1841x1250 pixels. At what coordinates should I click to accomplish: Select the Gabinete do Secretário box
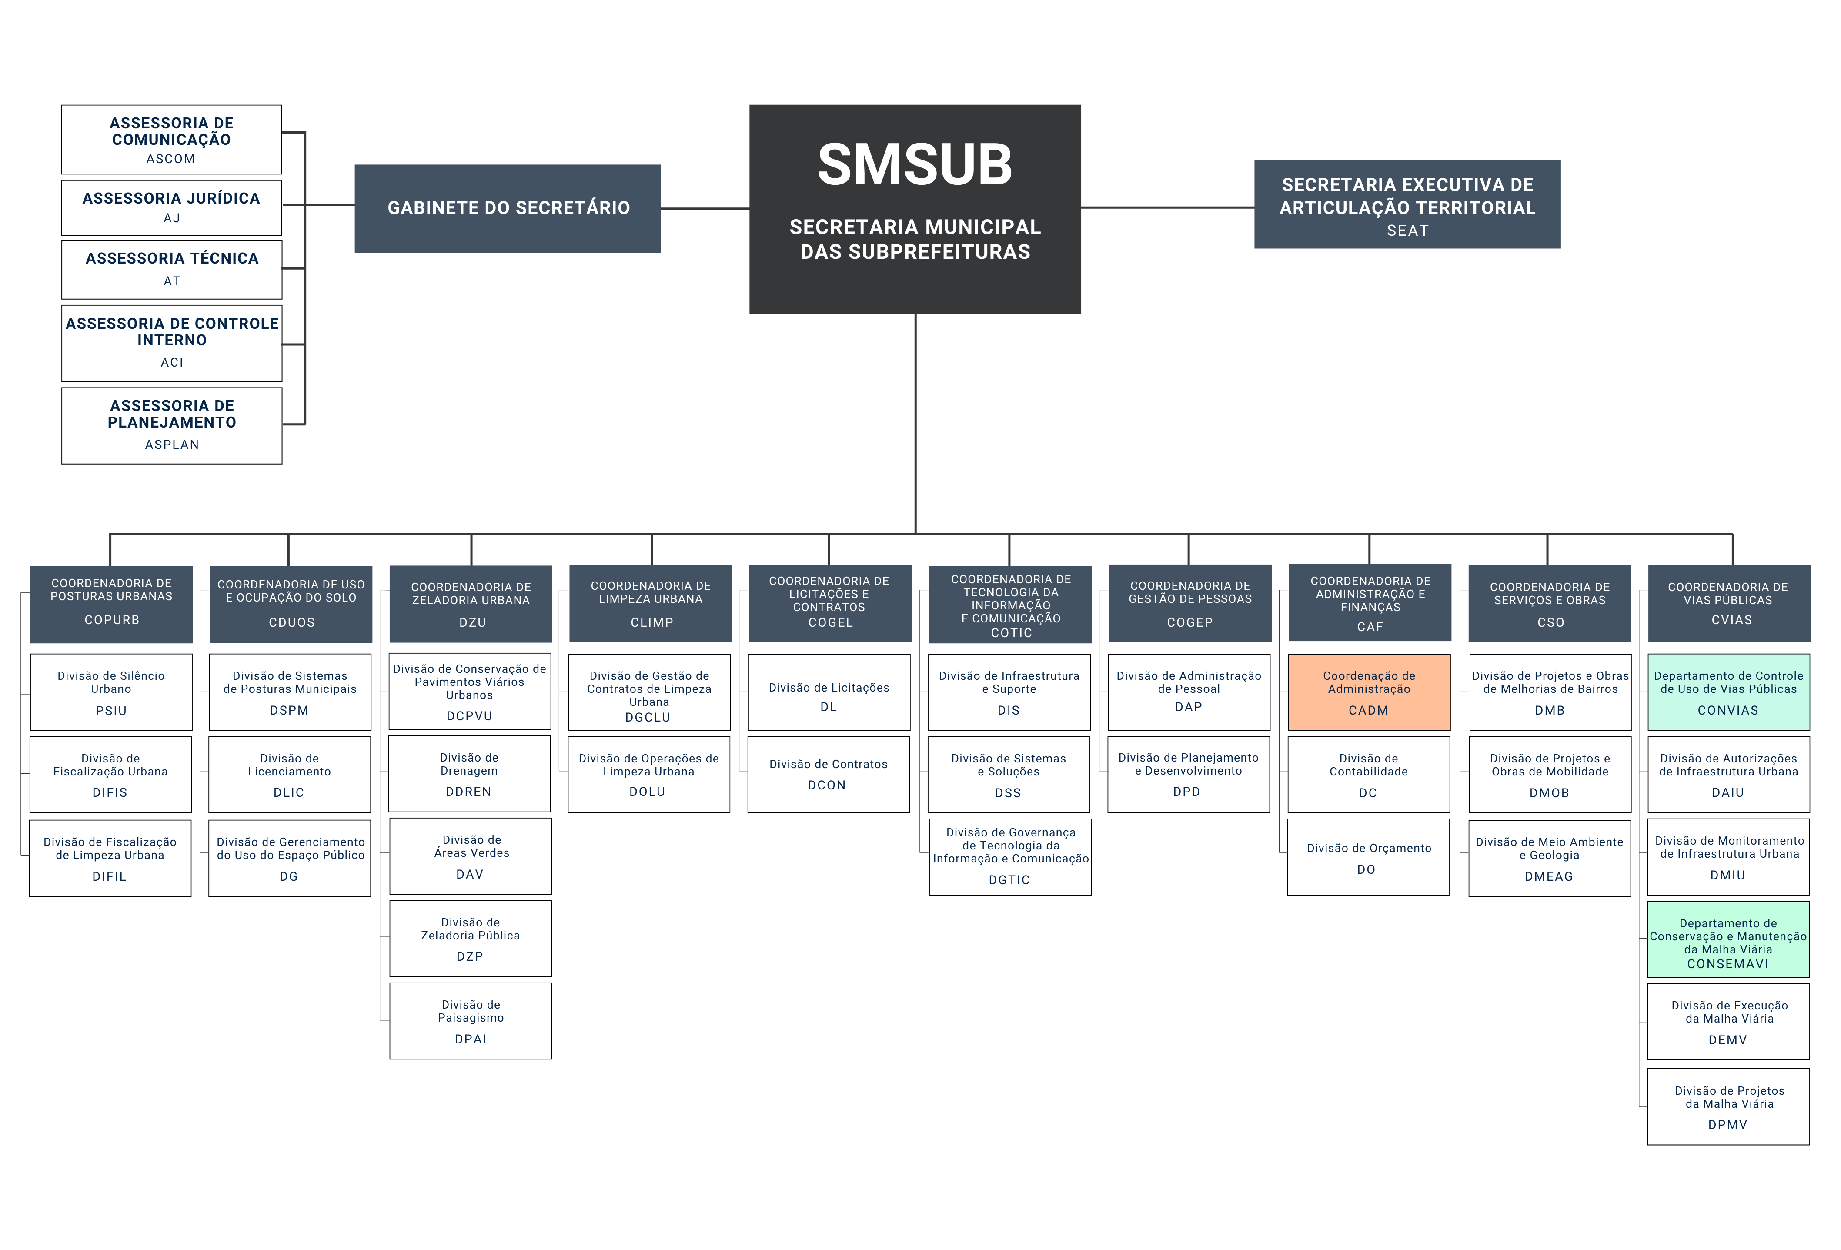point(508,208)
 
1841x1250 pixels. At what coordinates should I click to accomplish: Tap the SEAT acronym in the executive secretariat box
point(1407,231)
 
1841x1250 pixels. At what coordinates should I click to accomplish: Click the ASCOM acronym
point(170,158)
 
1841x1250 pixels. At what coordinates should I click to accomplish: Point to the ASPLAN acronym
point(172,445)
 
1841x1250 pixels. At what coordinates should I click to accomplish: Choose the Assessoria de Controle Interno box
point(172,343)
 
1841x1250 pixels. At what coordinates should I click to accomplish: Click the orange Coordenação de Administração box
point(1369,692)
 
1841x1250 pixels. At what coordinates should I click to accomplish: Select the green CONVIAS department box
point(1728,692)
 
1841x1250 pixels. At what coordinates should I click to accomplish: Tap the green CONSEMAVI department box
point(1728,939)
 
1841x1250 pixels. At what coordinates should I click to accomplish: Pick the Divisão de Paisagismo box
point(471,1021)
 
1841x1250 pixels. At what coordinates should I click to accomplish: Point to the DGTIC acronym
point(1009,880)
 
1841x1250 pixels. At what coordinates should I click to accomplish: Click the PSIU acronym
point(111,711)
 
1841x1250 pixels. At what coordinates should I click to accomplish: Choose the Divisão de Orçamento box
point(1368,857)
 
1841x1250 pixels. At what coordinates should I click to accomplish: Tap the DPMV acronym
point(1728,1125)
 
